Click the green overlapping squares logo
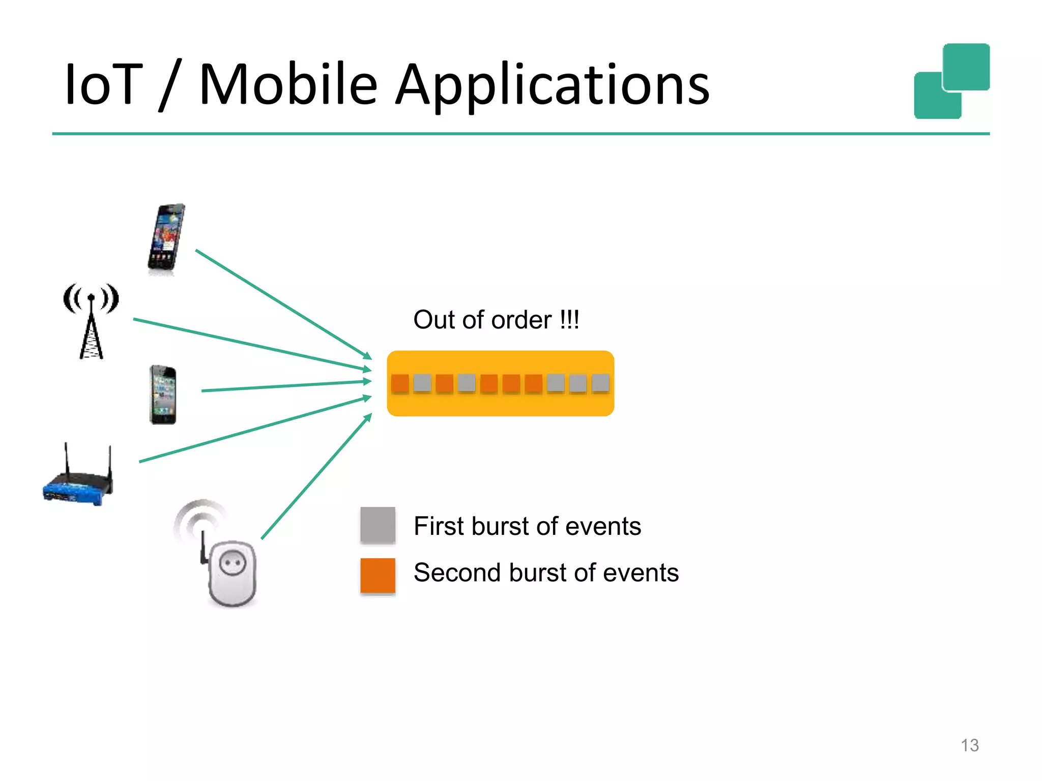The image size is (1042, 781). pos(951,81)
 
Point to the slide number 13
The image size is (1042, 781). pos(970,745)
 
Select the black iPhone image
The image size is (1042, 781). pos(163,395)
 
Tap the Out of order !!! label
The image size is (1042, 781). pos(496,320)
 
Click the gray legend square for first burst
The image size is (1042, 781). pos(378,525)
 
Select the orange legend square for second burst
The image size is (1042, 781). pos(378,576)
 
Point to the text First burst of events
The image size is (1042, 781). pos(527,526)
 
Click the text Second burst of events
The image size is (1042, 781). pos(546,573)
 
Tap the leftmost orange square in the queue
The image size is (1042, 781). pos(400,383)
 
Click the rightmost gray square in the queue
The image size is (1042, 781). pos(600,383)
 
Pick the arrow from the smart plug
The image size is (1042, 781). pos(315,477)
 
